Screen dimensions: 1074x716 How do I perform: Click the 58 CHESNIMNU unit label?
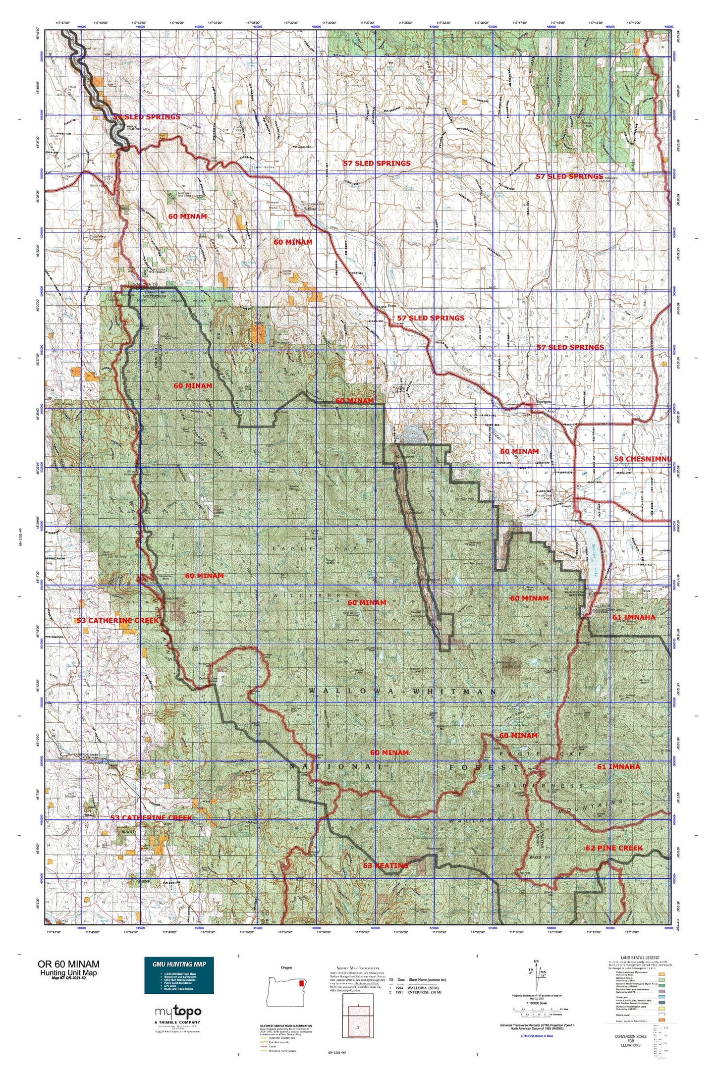click(642, 459)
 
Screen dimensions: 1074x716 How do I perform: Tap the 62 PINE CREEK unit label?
click(613, 848)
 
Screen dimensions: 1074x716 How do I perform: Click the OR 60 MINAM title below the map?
click(68, 964)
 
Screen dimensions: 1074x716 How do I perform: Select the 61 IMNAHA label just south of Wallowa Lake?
click(633, 617)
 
